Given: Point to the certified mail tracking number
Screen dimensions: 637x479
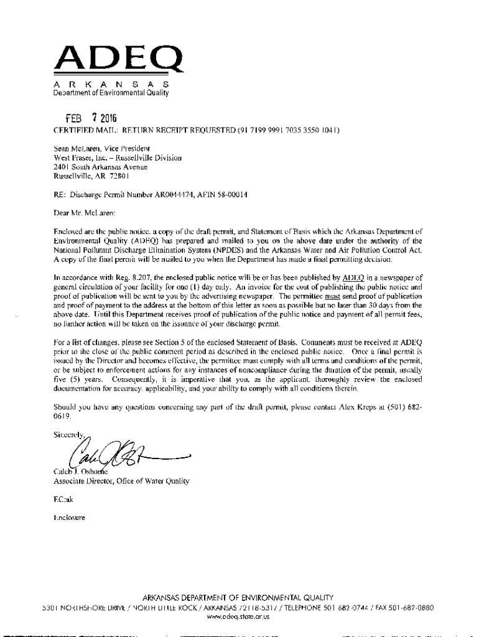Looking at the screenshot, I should click(291, 132).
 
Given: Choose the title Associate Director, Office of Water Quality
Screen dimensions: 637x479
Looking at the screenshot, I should click(121, 481).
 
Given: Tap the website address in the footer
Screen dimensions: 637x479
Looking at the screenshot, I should click(239, 617).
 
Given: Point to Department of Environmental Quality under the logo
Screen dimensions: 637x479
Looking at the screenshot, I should click(111, 93).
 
